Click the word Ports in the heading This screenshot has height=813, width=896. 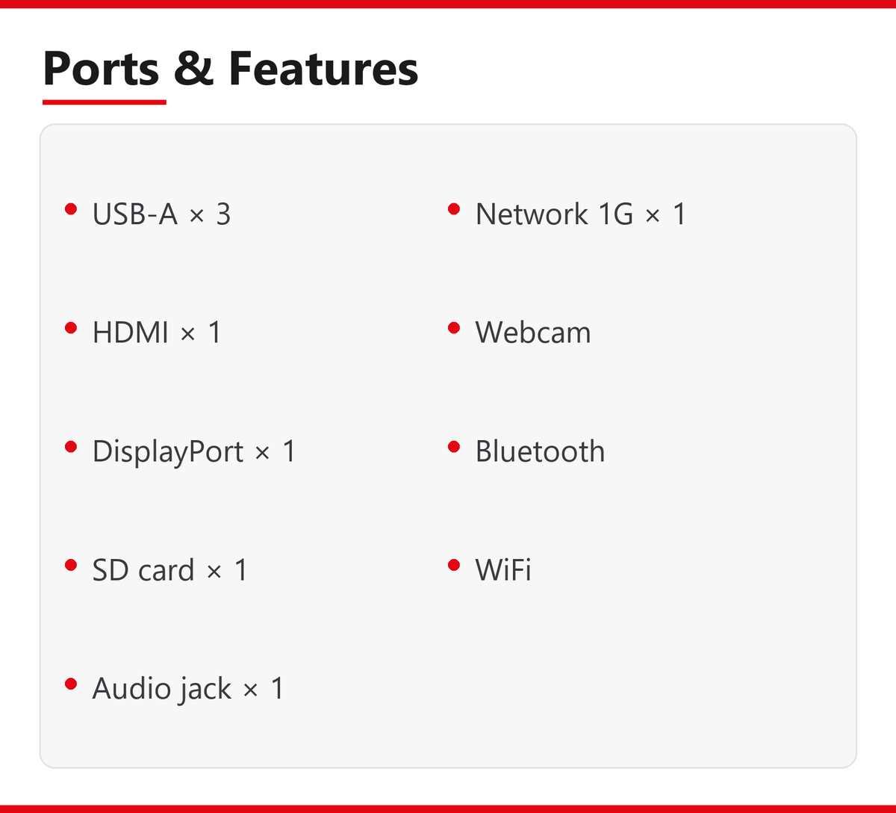[102, 68]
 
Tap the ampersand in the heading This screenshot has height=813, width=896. [193, 68]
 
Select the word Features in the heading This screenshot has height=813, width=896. [323, 68]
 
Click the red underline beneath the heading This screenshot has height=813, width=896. [105, 102]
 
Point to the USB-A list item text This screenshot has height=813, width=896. [162, 214]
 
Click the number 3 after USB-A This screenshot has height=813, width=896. [224, 214]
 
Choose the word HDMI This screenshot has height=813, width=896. [131, 333]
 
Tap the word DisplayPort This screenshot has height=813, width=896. [168, 451]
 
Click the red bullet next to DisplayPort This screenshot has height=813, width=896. [71, 447]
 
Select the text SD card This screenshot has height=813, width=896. [143, 569]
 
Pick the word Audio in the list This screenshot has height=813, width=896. [131, 687]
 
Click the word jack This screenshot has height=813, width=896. [205, 689]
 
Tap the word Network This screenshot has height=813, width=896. [532, 214]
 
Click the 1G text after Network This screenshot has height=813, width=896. [615, 214]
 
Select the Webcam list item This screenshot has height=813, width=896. [533, 333]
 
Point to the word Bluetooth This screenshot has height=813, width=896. [540, 451]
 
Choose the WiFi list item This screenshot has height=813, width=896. [503, 569]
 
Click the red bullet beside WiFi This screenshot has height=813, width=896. [454, 565]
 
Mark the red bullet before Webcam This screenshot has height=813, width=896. [454, 328]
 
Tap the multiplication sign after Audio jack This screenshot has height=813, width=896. [251, 690]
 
